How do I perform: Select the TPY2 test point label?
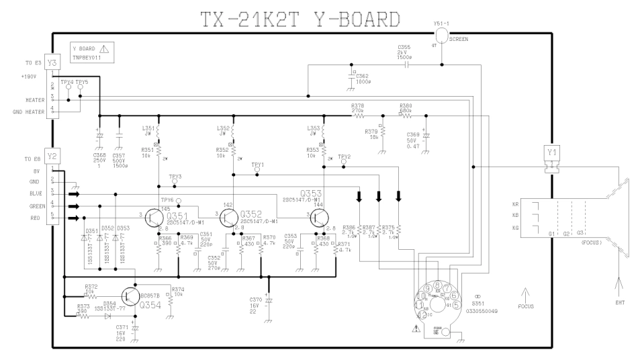point(345,155)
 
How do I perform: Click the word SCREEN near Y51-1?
point(459,40)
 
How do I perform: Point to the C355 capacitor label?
point(404,48)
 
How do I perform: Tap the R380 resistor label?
point(406,105)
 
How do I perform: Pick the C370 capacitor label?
point(255,300)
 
